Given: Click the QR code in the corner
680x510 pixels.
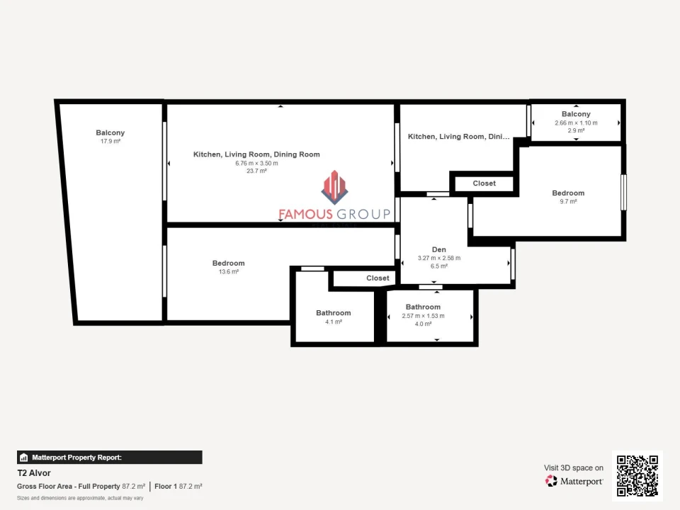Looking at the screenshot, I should [637, 475].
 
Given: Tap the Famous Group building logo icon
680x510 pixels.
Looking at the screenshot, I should [334, 187].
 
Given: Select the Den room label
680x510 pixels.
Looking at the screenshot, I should [439, 249].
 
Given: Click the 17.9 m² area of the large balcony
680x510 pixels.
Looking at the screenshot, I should [110, 142].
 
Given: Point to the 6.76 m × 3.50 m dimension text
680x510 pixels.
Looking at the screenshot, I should [256, 163].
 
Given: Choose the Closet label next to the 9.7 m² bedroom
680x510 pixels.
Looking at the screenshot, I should [484, 183].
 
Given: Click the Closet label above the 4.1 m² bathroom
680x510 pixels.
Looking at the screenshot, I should [378, 278].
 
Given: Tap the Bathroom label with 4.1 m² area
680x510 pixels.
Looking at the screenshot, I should [333, 313].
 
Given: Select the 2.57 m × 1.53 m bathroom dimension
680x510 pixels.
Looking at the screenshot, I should [423, 316].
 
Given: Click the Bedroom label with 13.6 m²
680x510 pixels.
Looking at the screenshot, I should [228, 263].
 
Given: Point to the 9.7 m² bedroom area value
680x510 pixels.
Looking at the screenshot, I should [568, 202].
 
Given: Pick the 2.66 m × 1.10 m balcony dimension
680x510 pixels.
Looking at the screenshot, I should [576, 123].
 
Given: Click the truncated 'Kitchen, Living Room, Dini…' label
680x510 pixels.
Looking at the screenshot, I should [458, 137].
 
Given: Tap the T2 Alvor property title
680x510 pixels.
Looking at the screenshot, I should [34, 473].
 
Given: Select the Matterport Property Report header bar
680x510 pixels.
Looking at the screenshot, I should [110, 458].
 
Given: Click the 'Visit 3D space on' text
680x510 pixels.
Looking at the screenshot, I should [574, 468].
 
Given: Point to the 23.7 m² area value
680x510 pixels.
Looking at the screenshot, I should [256, 171].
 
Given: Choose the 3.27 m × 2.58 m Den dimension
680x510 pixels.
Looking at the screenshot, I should [439, 258].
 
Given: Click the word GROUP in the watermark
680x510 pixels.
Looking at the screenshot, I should [363, 214].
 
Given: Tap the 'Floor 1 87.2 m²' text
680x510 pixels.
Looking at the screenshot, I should [178, 487].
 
